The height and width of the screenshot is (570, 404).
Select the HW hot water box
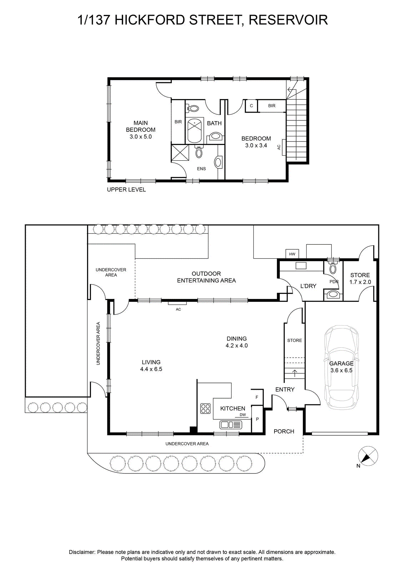pos(292,254)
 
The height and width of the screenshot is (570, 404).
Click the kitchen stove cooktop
pos(206,408)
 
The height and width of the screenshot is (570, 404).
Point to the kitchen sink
pos(231,425)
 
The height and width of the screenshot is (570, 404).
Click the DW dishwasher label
pos(243,415)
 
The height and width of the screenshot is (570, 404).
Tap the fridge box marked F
pos(257,397)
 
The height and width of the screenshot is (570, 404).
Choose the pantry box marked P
pos(257,419)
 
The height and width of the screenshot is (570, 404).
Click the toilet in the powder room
pos(333,267)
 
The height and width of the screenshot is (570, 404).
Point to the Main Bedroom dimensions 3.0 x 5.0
pos(141,137)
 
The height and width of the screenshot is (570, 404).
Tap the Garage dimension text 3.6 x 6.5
pos(341,370)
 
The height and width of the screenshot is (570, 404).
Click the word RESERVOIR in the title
pos(288,20)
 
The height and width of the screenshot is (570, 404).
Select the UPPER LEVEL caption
pos(126,190)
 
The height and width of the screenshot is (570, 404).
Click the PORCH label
pos(284,431)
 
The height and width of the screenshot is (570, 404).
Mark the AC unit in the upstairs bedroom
pos(284,147)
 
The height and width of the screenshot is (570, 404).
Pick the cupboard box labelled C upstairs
pos(251,106)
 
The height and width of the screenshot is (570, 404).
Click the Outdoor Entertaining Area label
pos(206,277)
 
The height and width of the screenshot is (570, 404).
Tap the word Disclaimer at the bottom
pos(82,552)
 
